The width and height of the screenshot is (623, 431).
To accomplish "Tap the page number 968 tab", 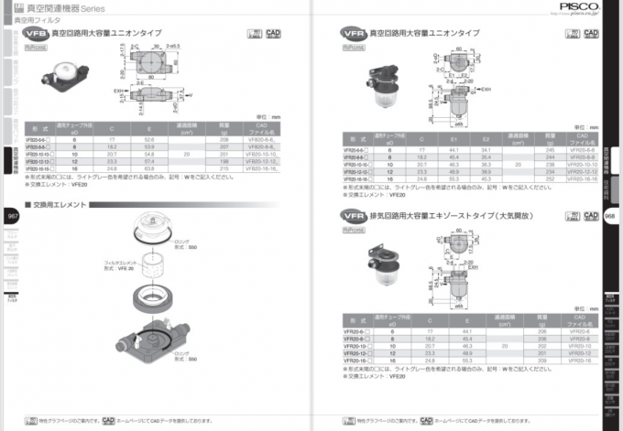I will click(x=610, y=217).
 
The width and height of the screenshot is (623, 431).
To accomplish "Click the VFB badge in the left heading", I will click(x=37, y=33).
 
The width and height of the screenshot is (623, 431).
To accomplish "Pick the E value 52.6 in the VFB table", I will click(x=149, y=139).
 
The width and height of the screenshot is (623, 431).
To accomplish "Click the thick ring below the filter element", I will click(x=152, y=298).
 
